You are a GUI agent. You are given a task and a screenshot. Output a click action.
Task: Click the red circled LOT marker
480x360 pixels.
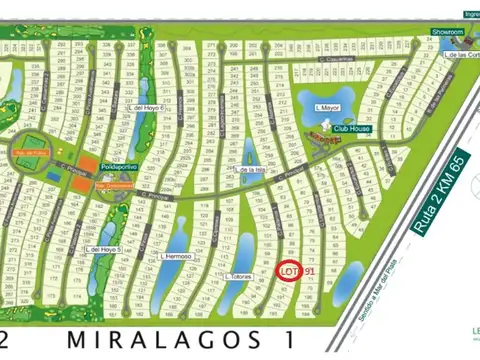tap(288, 271)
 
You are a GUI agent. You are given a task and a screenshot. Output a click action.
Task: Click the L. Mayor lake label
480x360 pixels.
tap(328, 106)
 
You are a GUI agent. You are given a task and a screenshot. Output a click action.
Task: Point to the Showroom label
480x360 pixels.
tap(448, 32)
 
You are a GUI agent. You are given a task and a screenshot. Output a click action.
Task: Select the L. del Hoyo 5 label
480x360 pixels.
tap(103, 249)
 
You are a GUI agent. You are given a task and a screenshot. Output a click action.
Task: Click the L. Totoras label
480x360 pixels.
tap(240, 276)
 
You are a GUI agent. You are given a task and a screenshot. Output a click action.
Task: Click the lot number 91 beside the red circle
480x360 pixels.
tap(309, 271)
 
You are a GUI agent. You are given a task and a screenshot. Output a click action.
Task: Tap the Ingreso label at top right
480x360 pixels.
tap(471, 14)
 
